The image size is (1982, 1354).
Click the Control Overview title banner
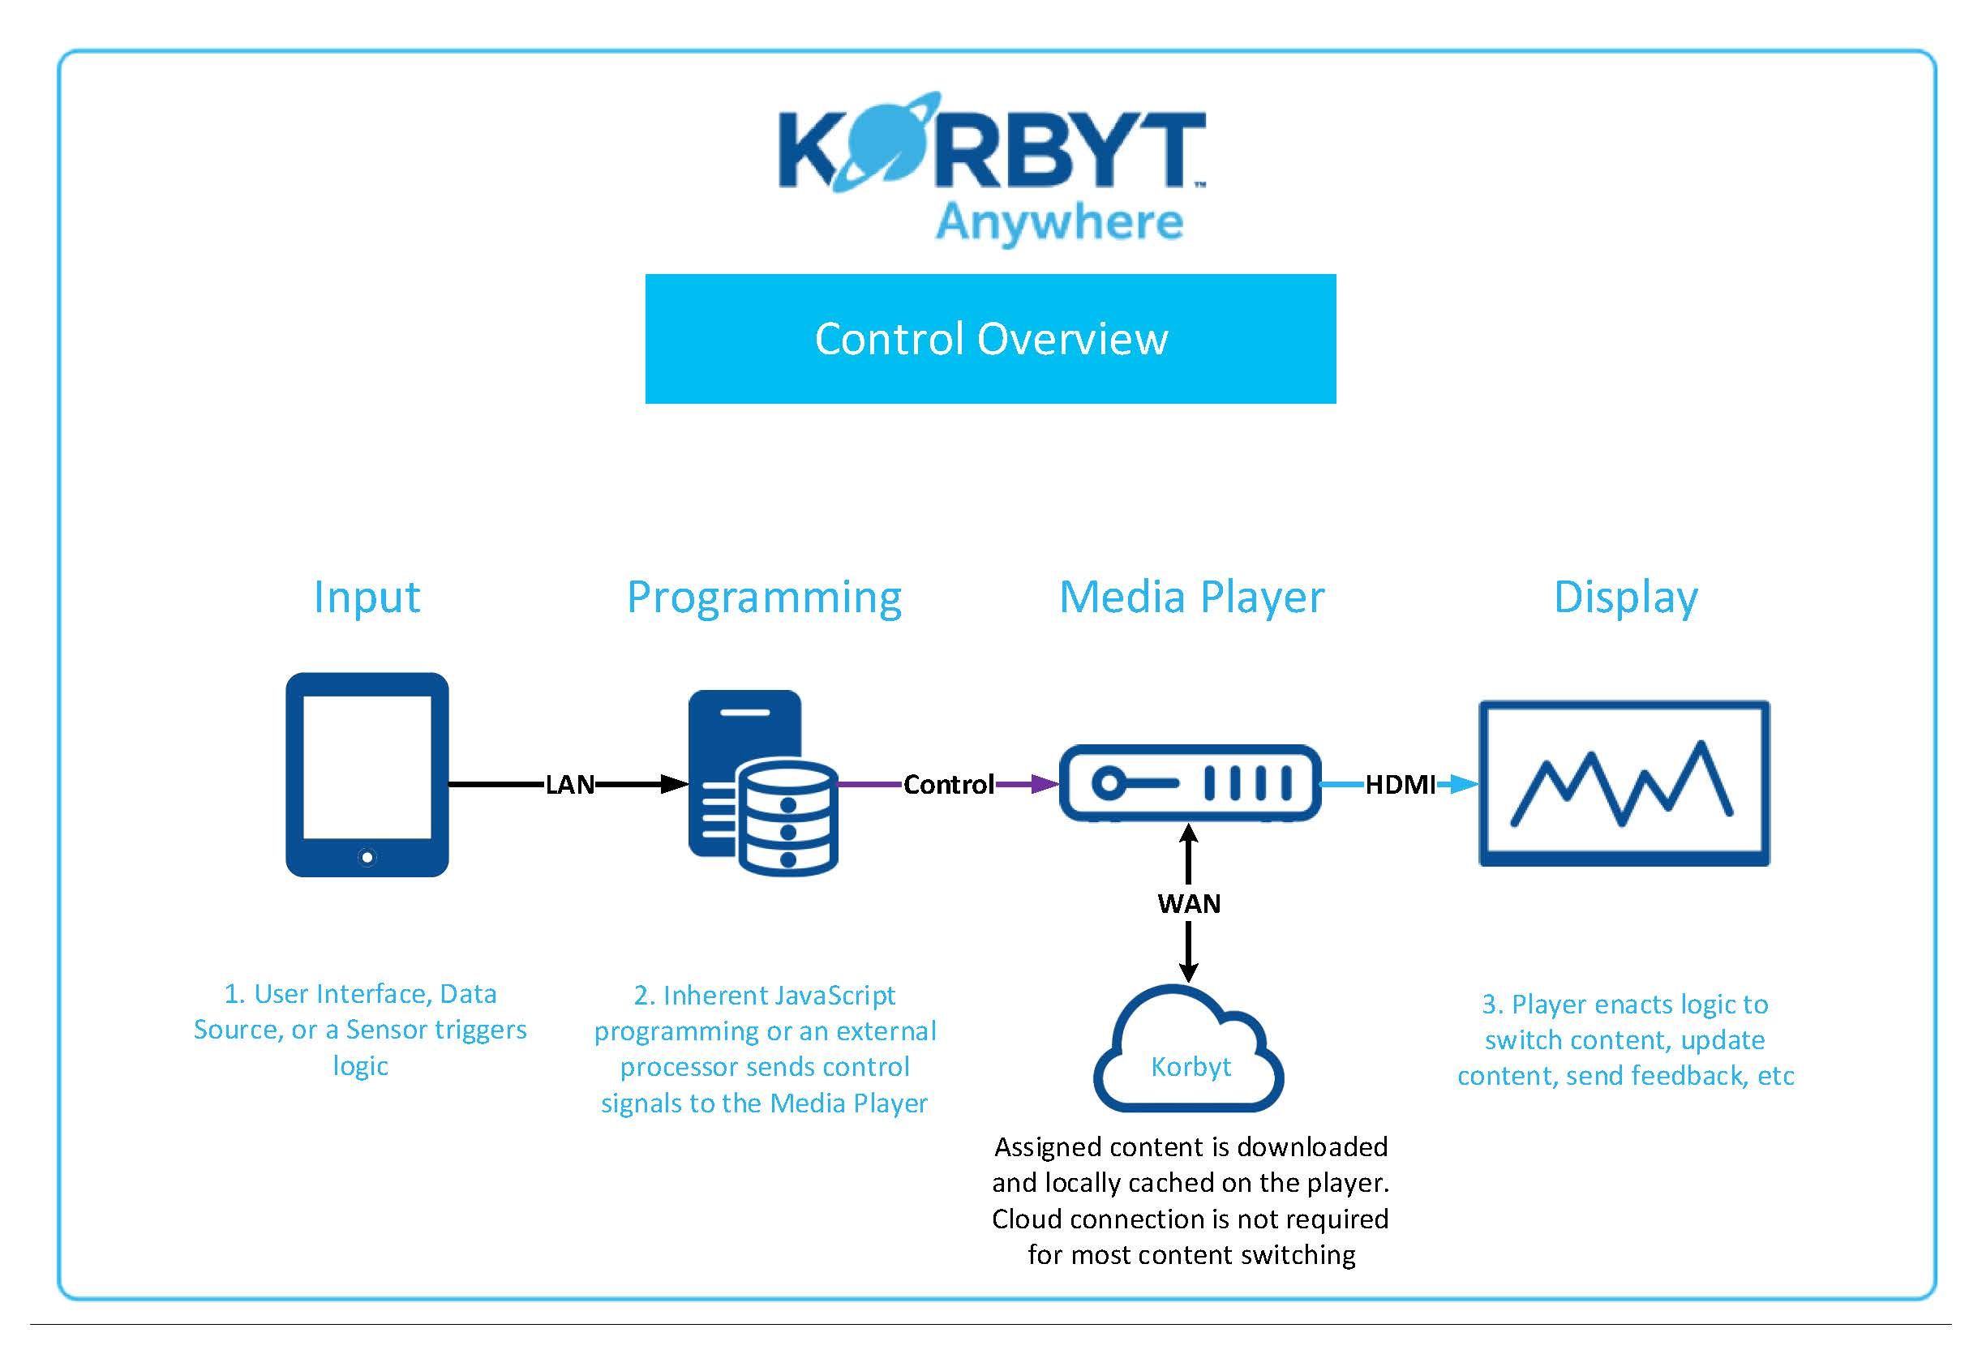click(990, 339)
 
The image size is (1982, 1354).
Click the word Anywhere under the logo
click(1059, 224)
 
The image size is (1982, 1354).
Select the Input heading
click(367, 598)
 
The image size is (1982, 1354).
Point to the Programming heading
click(764, 598)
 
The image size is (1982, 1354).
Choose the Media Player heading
click(1191, 598)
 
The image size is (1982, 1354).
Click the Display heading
click(1625, 598)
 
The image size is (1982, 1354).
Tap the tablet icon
click(367, 774)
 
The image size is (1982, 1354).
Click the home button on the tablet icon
click(367, 857)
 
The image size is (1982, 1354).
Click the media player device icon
click(1190, 782)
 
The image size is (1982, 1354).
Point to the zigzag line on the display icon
click(1621, 783)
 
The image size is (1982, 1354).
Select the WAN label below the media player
click(1189, 903)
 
